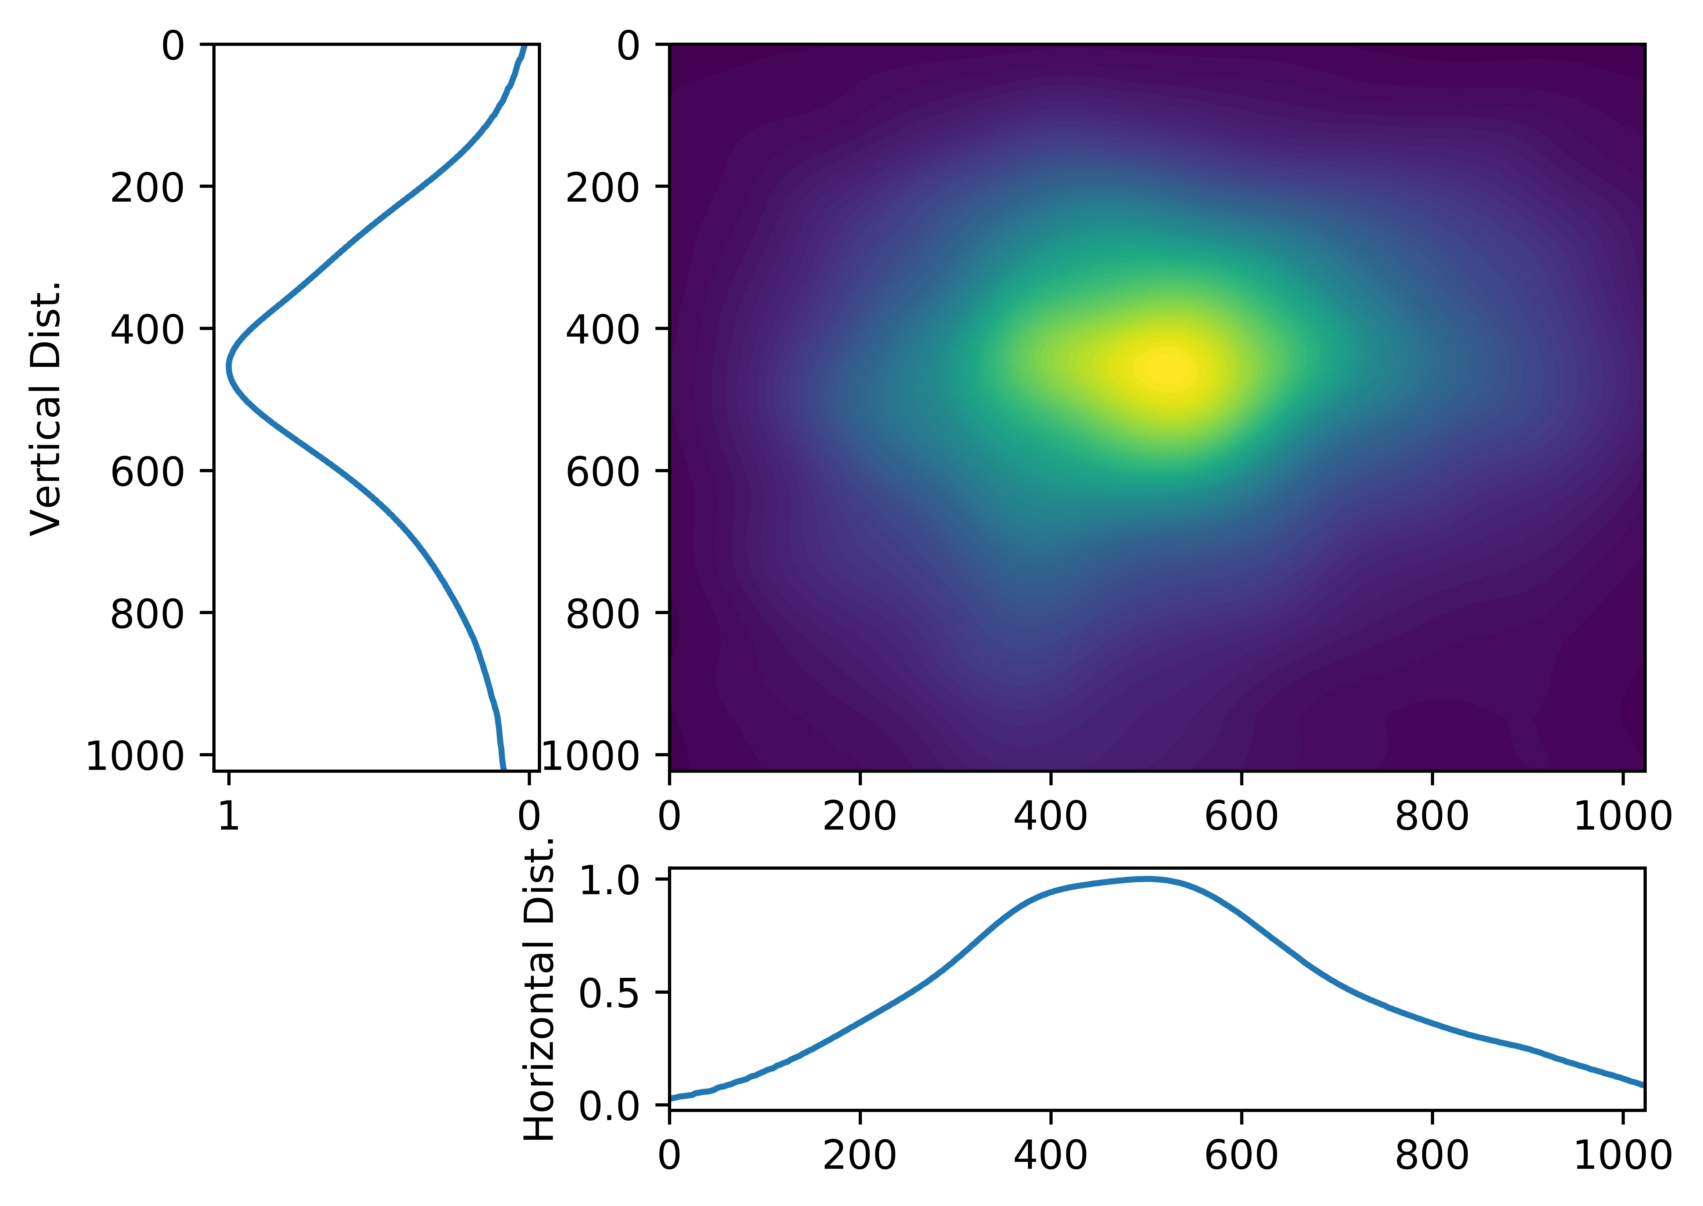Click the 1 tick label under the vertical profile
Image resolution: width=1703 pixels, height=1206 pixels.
pos(229,817)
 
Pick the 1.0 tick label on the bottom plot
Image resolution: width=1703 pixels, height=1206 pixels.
pos(609,881)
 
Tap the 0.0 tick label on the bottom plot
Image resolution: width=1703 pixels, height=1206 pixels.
pos(609,1106)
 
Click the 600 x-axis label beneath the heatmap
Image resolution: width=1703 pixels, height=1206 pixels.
pos(1241,817)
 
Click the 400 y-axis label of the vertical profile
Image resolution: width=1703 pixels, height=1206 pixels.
pos(147,329)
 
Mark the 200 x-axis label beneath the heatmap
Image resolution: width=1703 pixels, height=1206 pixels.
pos(859,817)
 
